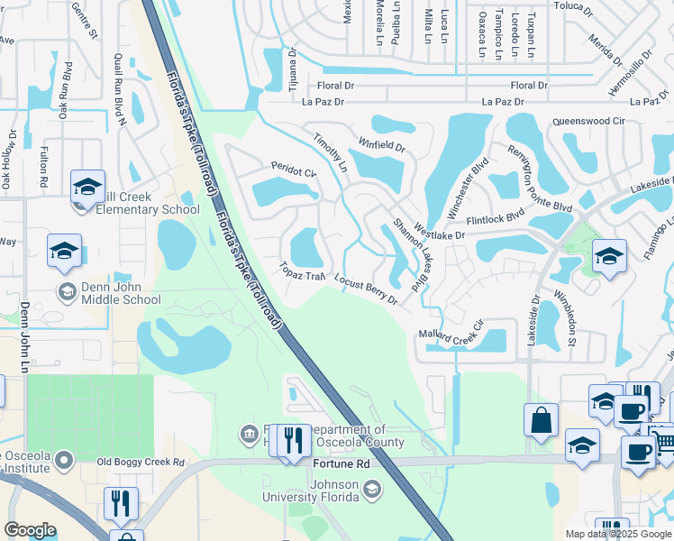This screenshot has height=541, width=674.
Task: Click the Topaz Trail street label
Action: coord(302,271)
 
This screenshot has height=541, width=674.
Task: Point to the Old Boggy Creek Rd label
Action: coord(140,463)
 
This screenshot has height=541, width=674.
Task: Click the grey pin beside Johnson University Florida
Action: coord(372,490)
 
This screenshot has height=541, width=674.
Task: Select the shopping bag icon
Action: coord(540,420)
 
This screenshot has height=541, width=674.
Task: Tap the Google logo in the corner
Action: coord(31,530)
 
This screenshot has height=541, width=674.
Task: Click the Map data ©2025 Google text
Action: coord(618,534)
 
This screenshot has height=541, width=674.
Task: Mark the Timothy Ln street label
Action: coord(330,152)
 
